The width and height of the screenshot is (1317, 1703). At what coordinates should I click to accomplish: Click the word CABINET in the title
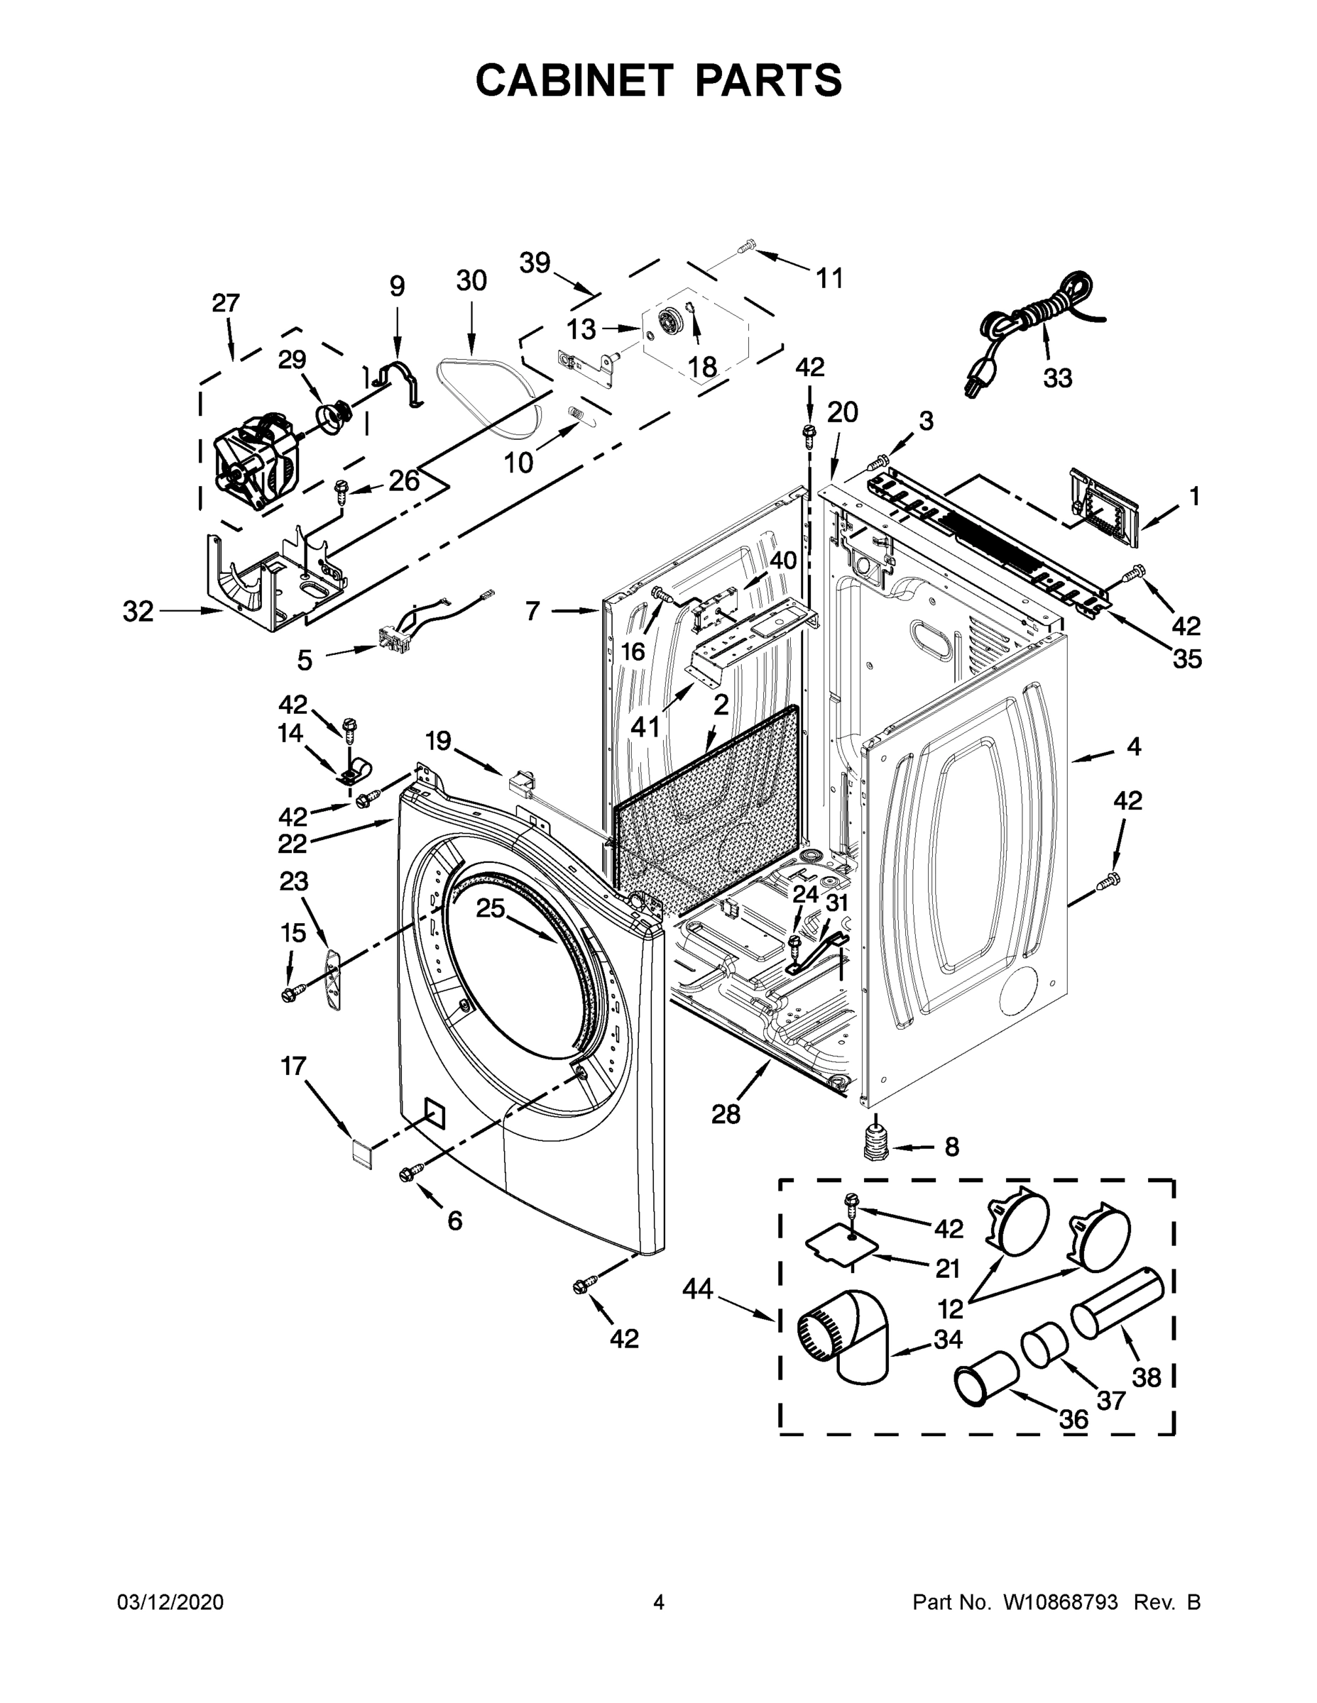pyautogui.click(x=574, y=79)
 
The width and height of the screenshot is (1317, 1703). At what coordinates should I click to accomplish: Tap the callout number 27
pyautogui.click(x=226, y=303)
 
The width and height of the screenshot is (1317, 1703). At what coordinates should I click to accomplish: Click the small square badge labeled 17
pyautogui.click(x=361, y=1152)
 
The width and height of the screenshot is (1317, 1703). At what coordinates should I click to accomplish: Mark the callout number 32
pyautogui.click(x=138, y=612)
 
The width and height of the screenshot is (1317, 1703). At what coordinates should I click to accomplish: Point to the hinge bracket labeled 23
pyautogui.click(x=333, y=978)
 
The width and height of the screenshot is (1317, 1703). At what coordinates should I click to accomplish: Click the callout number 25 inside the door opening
pyautogui.click(x=491, y=908)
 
